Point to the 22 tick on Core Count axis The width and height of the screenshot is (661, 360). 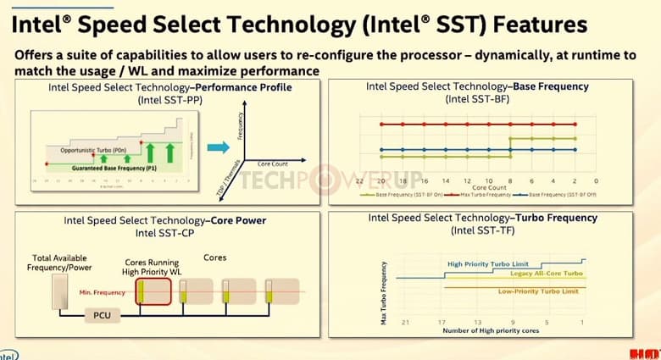[359, 180]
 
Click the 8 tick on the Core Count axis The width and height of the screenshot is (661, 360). [509, 180]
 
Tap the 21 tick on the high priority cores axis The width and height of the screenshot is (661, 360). [406, 322]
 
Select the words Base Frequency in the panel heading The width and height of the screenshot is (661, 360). [551, 86]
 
